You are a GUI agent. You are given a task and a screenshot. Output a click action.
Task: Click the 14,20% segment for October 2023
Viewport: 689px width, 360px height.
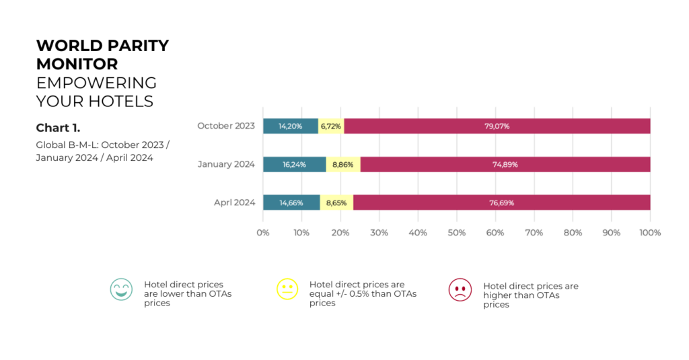290,126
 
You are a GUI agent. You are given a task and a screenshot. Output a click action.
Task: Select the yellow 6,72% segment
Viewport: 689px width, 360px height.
331,126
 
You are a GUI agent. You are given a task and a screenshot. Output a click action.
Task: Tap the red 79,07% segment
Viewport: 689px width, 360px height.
497,126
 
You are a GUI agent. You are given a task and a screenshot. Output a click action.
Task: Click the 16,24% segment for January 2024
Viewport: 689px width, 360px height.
294,164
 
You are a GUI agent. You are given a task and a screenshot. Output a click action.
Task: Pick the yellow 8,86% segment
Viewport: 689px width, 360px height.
343,164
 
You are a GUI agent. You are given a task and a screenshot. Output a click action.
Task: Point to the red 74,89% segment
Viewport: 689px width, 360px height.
505,164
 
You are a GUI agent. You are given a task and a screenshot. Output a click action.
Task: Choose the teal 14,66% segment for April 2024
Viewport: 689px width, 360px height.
291,203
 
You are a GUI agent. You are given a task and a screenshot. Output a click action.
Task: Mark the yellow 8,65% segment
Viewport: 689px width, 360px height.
337,203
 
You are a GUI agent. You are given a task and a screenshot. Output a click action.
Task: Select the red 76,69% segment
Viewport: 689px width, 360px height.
501,203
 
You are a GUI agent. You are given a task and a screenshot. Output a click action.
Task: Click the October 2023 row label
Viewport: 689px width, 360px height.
226,126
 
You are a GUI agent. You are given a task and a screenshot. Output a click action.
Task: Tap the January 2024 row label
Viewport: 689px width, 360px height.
226,164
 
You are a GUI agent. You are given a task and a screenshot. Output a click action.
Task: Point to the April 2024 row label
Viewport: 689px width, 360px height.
235,203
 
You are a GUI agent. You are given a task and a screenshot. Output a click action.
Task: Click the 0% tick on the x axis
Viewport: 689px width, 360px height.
263,232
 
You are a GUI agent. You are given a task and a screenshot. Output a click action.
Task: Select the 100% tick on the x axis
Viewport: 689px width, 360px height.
650,232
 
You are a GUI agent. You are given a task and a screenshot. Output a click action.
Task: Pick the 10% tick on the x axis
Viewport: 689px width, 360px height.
301,232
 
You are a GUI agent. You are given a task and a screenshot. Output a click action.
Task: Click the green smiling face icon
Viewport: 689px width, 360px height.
122,289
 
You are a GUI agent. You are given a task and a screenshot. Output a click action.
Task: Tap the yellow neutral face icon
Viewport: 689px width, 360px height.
287,289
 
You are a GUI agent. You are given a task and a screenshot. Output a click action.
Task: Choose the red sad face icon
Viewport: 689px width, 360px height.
460,289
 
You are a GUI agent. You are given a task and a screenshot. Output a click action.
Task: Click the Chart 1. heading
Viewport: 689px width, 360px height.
58,128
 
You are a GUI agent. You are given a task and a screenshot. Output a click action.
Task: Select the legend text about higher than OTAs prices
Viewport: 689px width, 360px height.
531,295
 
